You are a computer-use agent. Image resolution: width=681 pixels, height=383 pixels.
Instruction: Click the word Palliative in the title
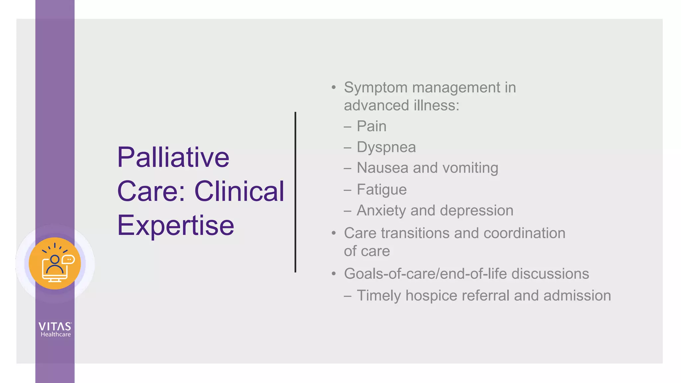coord(173,157)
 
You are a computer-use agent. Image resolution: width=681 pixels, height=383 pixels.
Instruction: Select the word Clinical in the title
coord(239,191)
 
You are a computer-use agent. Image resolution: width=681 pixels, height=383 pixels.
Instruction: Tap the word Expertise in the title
coord(176,226)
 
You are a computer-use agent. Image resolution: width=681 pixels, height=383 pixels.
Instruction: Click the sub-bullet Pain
coord(371,126)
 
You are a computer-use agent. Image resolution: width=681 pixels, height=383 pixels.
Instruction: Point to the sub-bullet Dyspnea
coord(386,147)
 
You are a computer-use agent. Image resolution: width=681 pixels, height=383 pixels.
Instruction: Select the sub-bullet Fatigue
coord(381,190)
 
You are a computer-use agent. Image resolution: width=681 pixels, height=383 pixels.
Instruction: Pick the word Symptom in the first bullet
coord(376,88)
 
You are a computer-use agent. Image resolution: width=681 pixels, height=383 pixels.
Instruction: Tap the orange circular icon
coord(55,263)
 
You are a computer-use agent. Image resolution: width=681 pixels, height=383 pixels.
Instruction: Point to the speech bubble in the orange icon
coord(68,259)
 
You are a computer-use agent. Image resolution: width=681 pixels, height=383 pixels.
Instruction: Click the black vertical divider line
coord(295,192)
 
